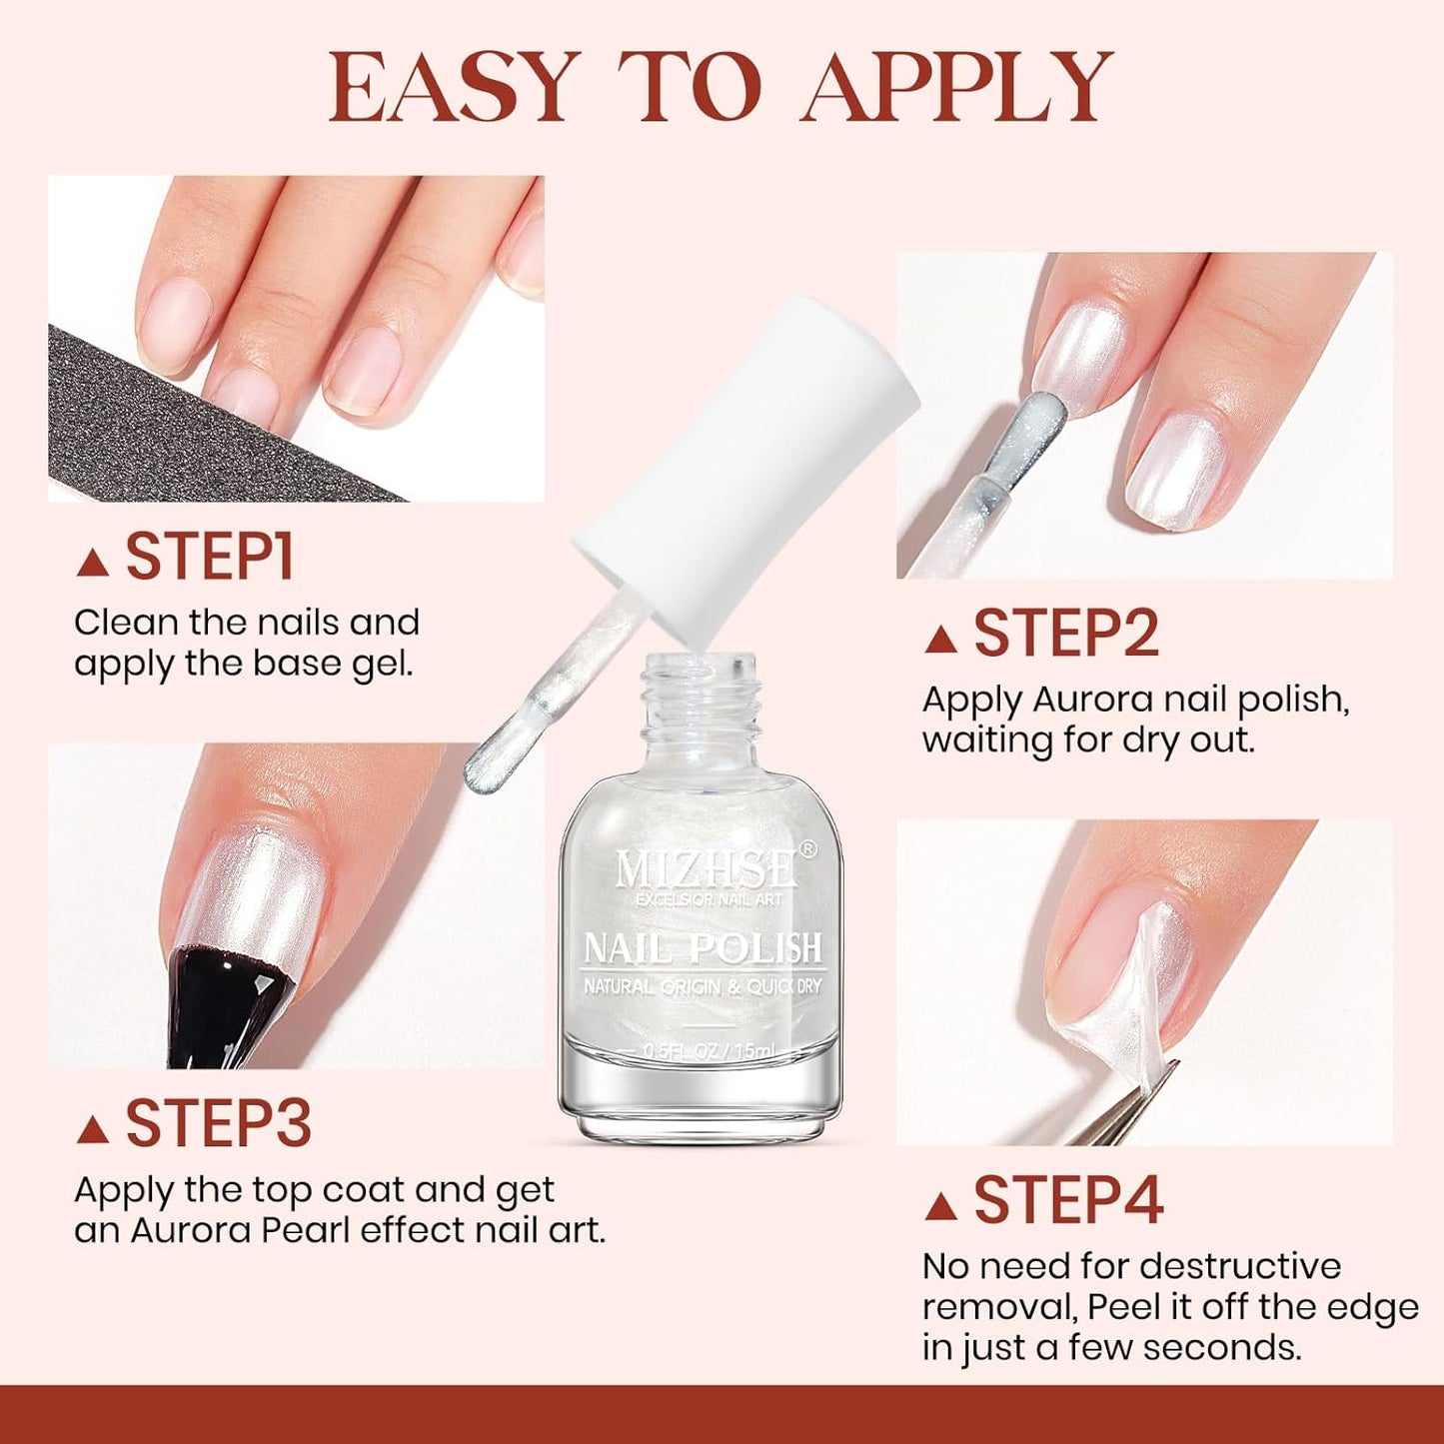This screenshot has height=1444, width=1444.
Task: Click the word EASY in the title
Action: click(455, 88)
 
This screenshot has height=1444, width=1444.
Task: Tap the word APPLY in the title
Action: click(957, 88)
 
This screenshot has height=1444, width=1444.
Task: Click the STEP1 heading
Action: click(209, 558)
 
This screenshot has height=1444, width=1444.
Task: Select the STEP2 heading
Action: click(1065, 634)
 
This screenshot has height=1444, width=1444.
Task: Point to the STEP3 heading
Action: click(218, 1123)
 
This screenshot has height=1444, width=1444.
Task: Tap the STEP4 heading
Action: click(1067, 1200)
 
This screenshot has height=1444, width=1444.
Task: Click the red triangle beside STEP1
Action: click(93, 563)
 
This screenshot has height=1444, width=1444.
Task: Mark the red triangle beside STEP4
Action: click(941, 1206)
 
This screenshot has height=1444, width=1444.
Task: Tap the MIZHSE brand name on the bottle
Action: click(706, 869)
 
